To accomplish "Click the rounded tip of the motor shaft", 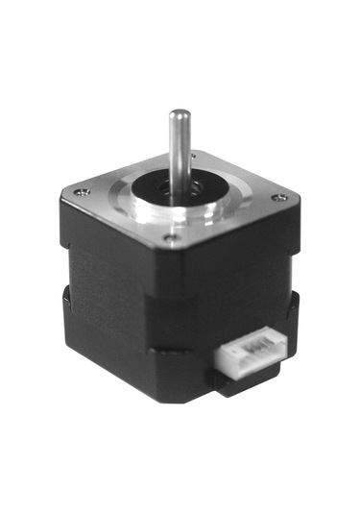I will pyautogui.click(x=179, y=115).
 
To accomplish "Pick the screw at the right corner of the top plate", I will pyautogui.click(x=279, y=198).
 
